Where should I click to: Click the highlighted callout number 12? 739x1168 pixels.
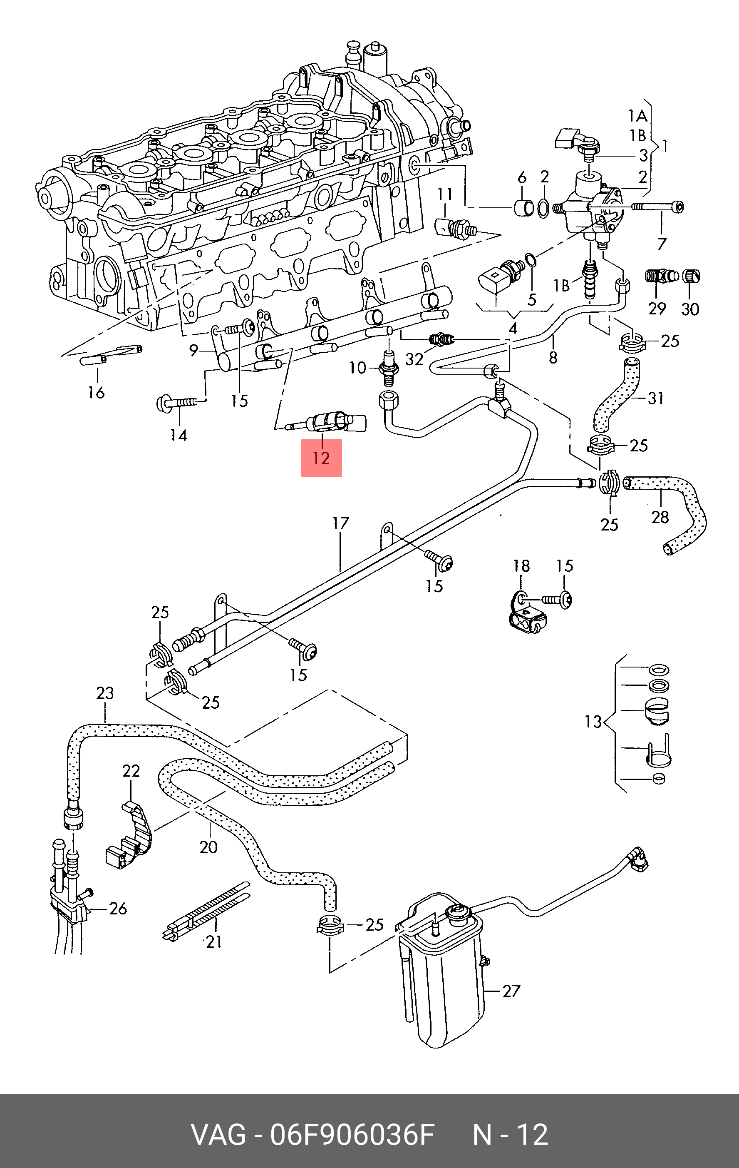click(321, 458)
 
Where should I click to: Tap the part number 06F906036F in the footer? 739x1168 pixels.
click(352, 1135)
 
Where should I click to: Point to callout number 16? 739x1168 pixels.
click(97, 392)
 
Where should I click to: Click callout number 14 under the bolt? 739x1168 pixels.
click(179, 435)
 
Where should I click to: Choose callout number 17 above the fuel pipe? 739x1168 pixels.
click(341, 523)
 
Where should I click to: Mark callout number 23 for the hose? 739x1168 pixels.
click(105, 693)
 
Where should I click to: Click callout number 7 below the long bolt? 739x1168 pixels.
click(662, 244)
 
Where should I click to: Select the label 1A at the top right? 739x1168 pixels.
click(638, 116)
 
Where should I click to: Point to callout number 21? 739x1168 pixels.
click(214, 942)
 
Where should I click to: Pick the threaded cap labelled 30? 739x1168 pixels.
click(691, 277)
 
